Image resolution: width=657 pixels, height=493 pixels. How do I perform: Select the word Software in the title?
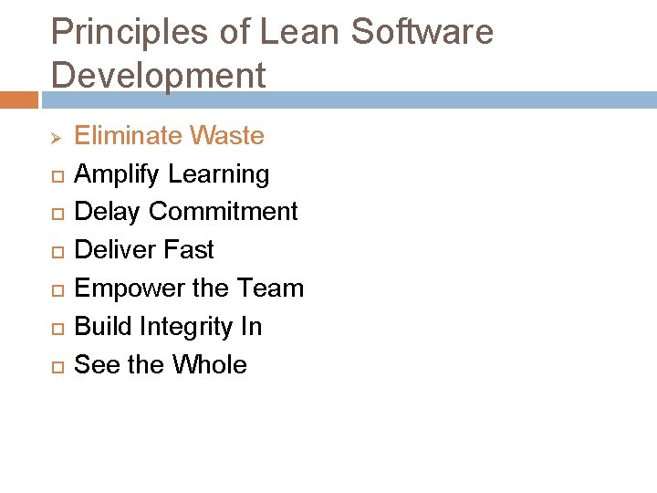pos(422,33)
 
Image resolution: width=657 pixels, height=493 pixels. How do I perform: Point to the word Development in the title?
pos(159,76)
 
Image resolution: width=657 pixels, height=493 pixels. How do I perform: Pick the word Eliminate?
pos(128,136)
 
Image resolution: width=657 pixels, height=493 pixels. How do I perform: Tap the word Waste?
pos(227,136)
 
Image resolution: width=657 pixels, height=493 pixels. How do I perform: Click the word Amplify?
pos(115,174)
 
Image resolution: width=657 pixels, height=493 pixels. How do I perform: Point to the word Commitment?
pos(224,212)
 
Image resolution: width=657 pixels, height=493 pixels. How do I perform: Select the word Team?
pos(270,288)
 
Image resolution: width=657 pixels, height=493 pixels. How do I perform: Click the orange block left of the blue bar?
pos(18,100)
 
